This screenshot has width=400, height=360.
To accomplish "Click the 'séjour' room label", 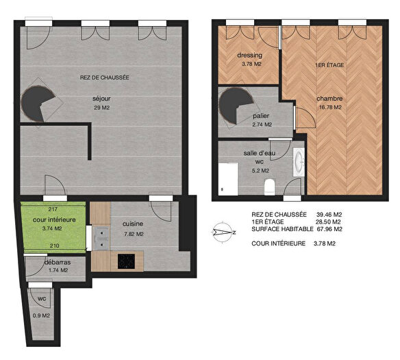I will click(x=101, y=98).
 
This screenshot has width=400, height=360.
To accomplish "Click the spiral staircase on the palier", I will click(x=233, y=107).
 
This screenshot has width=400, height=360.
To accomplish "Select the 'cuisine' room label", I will click(x=133, y=224).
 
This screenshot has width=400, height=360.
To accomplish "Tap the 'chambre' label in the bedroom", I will click(x=329, y=99).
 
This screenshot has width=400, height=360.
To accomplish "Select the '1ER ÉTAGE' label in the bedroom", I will click(x=329, y=64).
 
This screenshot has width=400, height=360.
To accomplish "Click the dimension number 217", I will click(x=53, y=208).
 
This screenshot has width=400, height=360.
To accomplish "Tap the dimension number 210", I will click(x=53, y=245).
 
